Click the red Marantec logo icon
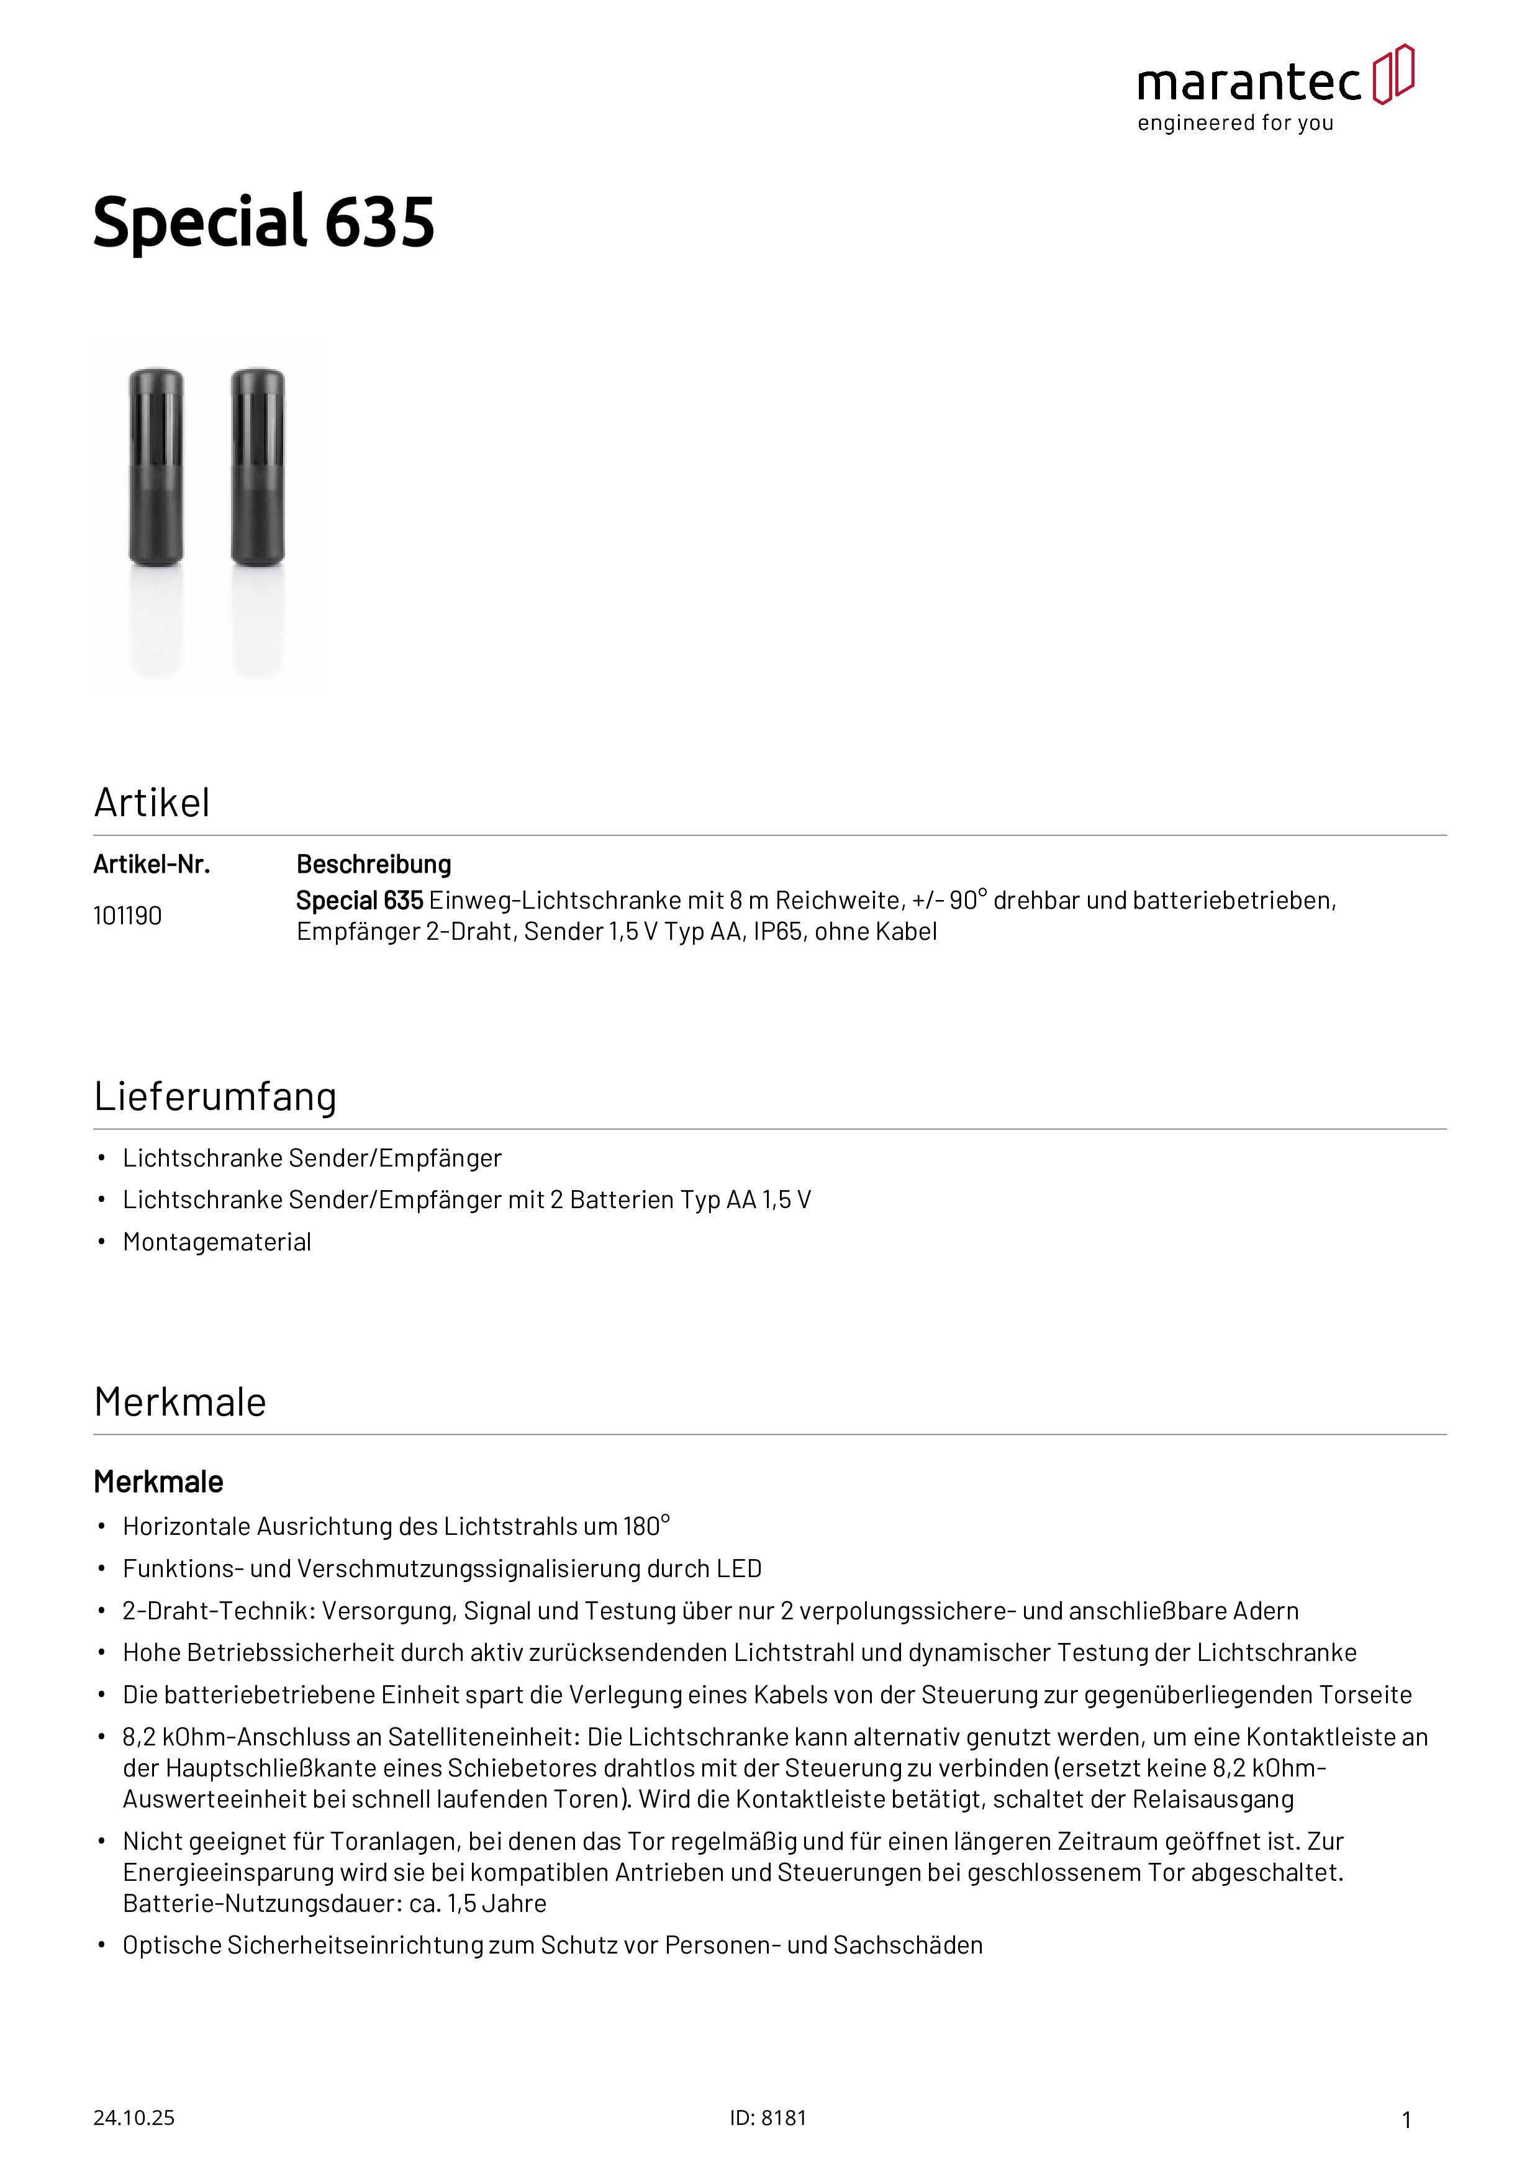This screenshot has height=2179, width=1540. tap(1393, 74)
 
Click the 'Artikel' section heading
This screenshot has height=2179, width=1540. tap(152, 803)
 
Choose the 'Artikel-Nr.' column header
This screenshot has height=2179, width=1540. tap(152, 865)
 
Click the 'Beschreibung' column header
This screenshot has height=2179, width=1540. tap(374, 865)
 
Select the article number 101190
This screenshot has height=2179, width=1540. tap(127, 916)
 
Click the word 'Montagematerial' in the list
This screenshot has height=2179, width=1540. tap(217, 1242)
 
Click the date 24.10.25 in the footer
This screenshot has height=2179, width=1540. tap(134, 2118)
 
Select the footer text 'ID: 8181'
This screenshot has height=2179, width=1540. tap(768, 2118)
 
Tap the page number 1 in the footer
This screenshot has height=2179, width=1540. tap(1406, 2119)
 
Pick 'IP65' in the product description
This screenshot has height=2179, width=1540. tap(777, 932)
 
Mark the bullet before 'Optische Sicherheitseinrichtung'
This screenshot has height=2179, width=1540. tap(101, 1945)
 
